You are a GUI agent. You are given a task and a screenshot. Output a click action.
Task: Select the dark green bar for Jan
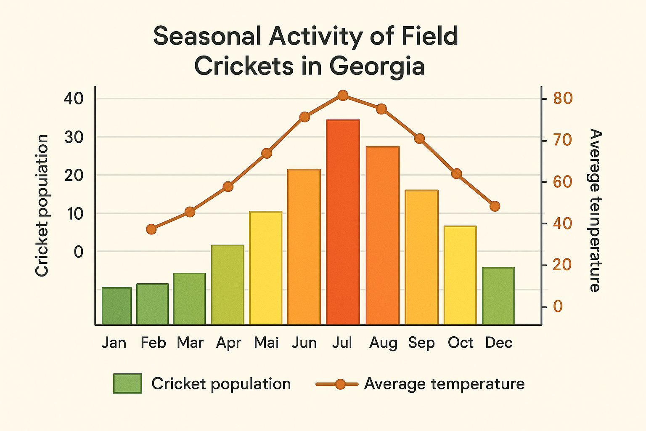pos(116,306)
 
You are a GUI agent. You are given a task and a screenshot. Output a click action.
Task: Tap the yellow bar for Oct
pos(460,275)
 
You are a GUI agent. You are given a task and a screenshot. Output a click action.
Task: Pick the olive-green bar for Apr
pos(228,285)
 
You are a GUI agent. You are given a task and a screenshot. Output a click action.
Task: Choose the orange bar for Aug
pos(382,236)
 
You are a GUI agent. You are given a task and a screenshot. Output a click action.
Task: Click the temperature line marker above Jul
pos(343,96)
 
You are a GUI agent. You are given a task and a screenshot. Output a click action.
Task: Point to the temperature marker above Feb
pos(151,229)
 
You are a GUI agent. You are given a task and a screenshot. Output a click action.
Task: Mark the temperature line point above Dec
pos(495,206)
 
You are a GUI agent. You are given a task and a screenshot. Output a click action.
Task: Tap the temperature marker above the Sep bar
pos(419,138)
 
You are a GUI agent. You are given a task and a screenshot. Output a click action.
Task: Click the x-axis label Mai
pos(266,343)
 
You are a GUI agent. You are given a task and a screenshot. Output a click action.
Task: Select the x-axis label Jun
pos(304,343)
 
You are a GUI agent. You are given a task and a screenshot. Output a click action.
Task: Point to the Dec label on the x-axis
pos(498,343)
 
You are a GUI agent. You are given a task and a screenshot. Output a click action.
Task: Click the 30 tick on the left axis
pos(74,137)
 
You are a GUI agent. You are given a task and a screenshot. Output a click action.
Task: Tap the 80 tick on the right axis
pos(563,98)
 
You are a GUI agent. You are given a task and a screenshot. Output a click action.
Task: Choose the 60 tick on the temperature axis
pos(563,182)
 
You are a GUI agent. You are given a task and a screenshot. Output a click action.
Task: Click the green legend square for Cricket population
pos(127,383)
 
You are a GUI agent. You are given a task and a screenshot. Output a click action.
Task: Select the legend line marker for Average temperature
pos(340,384)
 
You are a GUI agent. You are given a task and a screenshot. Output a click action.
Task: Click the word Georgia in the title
pos(377,66)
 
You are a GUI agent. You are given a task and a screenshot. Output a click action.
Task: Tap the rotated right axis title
pos(594,210)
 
